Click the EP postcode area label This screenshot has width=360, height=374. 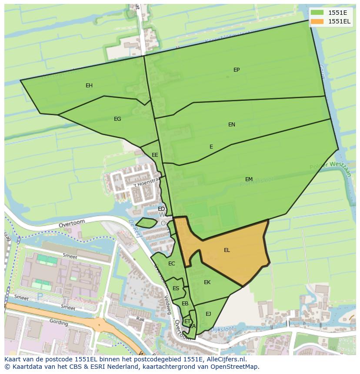tap(237, 70)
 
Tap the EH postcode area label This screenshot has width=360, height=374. tap(89, 86)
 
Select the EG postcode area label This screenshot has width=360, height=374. tap(117, 119)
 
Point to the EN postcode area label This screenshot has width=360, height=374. tap(232, 125)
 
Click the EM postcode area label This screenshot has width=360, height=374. tap(249, 179)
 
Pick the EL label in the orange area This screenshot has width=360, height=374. tap(227, 250)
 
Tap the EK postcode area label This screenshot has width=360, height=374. tap(207, 282)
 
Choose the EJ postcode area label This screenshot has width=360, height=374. tap(208, 314)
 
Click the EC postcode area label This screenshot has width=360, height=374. tap(172, 264)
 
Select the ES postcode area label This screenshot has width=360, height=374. tap(176, 288)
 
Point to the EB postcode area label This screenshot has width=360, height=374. tap(185, 304)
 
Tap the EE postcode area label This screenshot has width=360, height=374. tap(155, 155)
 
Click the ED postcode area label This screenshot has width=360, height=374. tap(161, 209)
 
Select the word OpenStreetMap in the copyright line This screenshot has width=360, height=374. tap(235, 367)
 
